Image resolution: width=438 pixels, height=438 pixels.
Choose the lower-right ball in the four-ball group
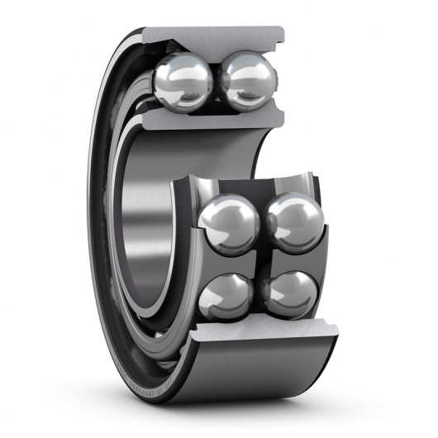pos(289,293)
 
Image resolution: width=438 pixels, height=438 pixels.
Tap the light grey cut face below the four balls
pos(264,340)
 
